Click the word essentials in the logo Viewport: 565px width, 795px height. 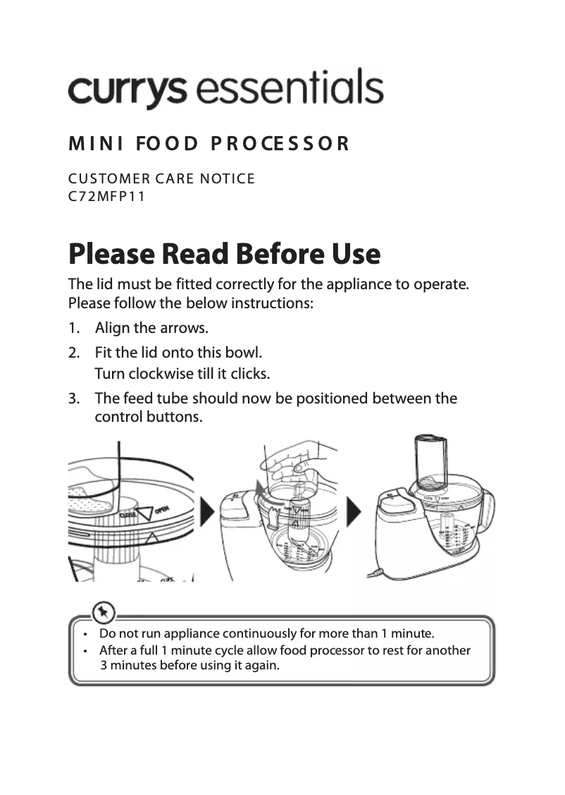(x=290, y=90)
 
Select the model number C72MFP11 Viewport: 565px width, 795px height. (x=106, y=196)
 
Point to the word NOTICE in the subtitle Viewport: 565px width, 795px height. (x=228, y=178)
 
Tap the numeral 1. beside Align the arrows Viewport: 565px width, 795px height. (x=75, y=329)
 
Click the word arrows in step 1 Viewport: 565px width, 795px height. (x=187, y=329)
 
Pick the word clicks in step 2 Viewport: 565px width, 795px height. (x=251, y=372)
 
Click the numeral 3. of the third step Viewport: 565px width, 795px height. (x=75, y=399)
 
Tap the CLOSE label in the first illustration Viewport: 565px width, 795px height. (x=128, y=516)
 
